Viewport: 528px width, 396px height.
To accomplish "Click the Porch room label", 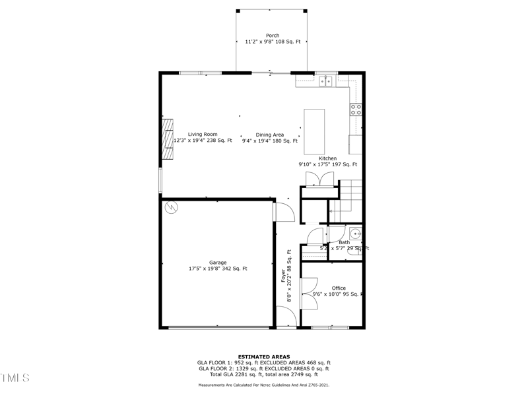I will (273, 36).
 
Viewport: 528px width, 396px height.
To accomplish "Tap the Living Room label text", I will (202, 135).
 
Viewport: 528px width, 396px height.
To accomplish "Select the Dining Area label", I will (269, 135).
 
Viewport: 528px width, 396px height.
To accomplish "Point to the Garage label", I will (218, 263).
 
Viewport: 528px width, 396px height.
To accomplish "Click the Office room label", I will (339, 288).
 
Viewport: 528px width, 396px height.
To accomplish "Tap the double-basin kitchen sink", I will (326, 81).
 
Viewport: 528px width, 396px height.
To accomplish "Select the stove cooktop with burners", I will (356, 110).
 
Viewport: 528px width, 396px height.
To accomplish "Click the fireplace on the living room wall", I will (168, 139).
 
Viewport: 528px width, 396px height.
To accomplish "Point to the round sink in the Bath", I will (355, 232).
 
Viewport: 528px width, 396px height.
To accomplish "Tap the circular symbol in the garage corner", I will (172, 207).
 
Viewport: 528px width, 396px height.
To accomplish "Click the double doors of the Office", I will (308, 292).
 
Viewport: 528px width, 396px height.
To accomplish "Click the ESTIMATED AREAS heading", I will (264, 357).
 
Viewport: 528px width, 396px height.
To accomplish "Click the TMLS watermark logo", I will (15, 378).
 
